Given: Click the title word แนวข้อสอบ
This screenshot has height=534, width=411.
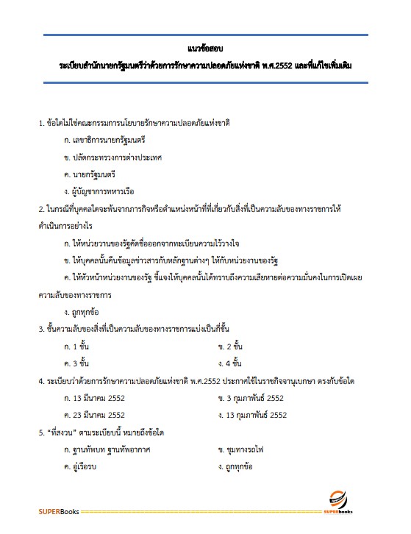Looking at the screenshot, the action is coord(205,51).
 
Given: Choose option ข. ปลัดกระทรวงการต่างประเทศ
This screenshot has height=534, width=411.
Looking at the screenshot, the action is coord(112,157).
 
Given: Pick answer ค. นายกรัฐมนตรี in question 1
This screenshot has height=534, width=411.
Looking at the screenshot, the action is coord(93,175).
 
